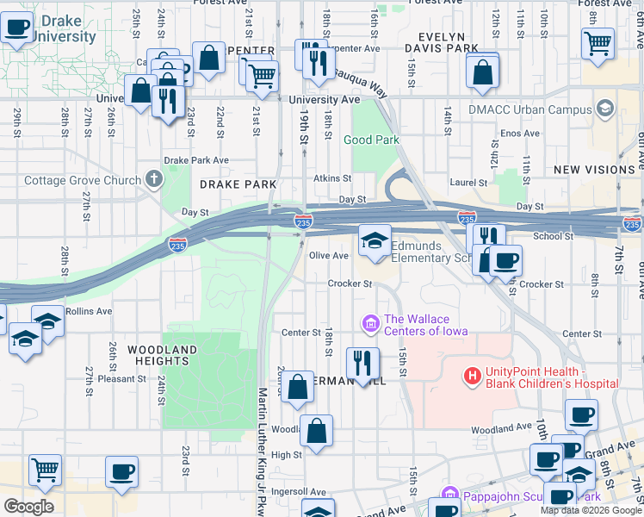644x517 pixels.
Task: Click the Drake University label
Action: (x=65, y=28)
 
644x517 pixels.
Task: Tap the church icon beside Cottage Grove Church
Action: (x=154, y=179)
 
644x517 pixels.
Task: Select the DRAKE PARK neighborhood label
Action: (x=238, y=184)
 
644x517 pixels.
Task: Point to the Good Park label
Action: (x=371, y=140)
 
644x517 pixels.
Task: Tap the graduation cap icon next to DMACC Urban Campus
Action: (x=605, y=109)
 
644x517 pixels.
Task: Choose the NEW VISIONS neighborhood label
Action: (x=594, y=170)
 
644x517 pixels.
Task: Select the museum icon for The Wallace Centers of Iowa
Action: (x=371, y=324)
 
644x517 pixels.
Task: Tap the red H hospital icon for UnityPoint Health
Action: (x=472, y=376)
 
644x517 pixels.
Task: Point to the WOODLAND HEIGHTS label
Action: (x=163, y=355)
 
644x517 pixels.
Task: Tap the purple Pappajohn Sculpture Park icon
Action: (x=447, y=496)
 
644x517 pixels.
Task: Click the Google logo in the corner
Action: (x=28, y=507)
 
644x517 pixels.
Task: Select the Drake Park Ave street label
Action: (x=196, y=160)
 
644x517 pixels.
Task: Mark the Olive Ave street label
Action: (x=328, y=256)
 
